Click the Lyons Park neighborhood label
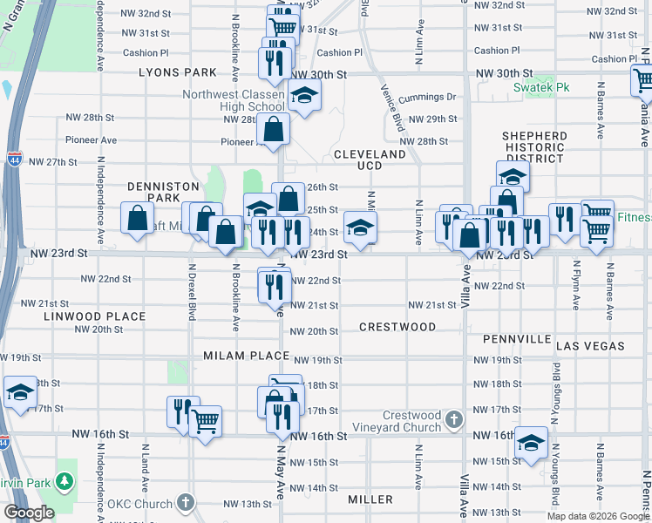[175, 73]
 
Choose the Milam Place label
[246, 356]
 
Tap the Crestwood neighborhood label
[397, 327]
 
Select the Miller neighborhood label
[370, 499]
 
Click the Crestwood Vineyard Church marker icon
[452, 420]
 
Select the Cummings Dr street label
[432, 98]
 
